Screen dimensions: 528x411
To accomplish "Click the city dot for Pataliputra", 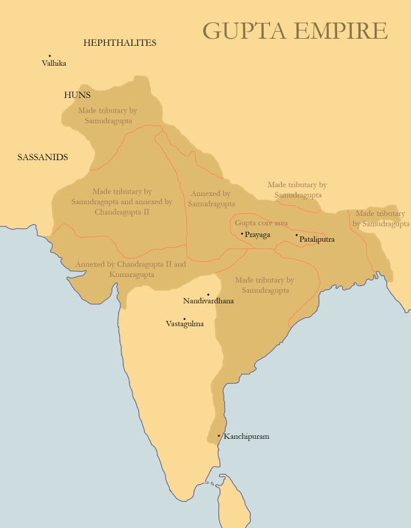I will (x=297, y=235).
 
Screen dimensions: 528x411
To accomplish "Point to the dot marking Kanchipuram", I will (x=219, y=436).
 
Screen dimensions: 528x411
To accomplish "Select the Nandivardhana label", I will (x=208, y=301).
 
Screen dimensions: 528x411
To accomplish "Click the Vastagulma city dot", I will (x=184, y=319).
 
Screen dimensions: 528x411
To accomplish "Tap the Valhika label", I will (x=54, y=63).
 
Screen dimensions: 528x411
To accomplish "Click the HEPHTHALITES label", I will (x=120, y=43).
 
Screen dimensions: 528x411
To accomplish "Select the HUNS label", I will (x=78, y=94).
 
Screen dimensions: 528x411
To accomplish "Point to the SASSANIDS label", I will (x=43, y=157).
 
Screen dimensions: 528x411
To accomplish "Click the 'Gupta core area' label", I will (x=261, y=223).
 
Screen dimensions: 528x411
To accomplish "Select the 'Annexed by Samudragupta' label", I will (x=211, y=198).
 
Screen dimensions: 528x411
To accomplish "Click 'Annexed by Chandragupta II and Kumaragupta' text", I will (x=130, y=269).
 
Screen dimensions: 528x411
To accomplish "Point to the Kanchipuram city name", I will (x=246, y=436).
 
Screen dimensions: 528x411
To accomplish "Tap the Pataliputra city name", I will (x=317, y=239).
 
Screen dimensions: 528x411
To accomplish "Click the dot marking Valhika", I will (x=50, y=56).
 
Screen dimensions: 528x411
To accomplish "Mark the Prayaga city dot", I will (x=242, y=233).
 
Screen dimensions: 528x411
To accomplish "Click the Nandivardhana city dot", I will (x=208, y=295).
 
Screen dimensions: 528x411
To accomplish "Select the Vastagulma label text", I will (x=185, y=324).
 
